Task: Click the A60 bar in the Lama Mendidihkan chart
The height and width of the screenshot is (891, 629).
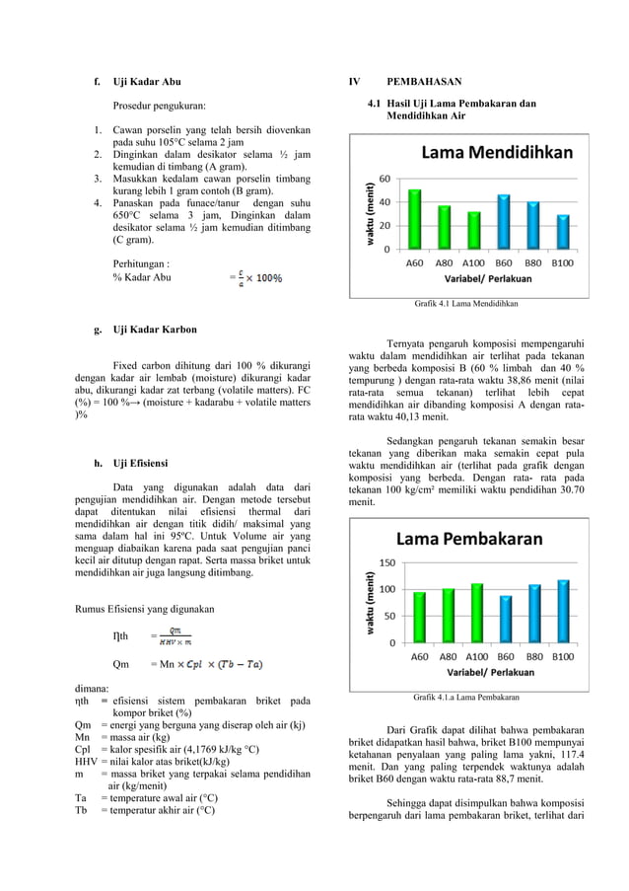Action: (x=415, y=218)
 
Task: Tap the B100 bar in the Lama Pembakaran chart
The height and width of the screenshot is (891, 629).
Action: (x=563, y=611)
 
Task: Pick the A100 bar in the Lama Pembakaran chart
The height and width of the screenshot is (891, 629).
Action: (x=476, y=613)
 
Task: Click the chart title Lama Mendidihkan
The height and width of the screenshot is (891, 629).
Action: (x=497, y=153)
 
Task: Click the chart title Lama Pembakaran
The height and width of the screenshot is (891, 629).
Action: (x=469, y=539)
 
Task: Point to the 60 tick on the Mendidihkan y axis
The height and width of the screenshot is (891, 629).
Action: (x=384, y=179)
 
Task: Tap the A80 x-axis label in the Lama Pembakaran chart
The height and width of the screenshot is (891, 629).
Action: (x=448, y=655)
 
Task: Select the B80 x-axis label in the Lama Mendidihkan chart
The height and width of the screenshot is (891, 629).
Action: (x=532, y=263)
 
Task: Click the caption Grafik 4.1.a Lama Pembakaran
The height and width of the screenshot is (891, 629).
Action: (x=466, y=698)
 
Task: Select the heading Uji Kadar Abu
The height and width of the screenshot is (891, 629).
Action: (x=146, y=81)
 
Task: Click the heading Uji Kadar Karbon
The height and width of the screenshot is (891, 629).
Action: (x=155, y=329)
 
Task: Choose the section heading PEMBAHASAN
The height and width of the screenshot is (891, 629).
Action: (x=424, y=81)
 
